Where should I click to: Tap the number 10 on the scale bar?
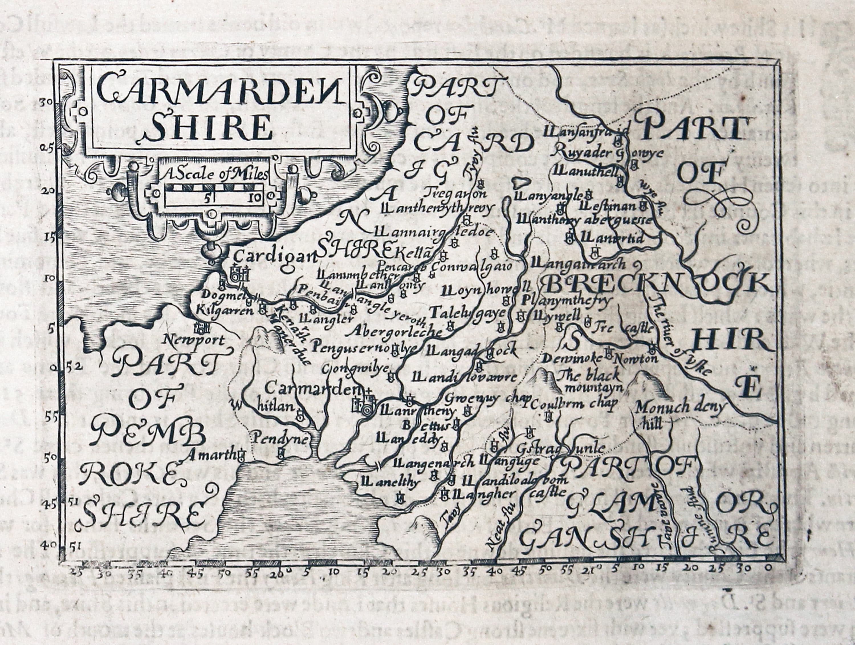(x=254, y=199)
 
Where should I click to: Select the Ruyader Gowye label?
(x=607, y=152)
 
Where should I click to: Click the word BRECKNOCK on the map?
(x=657, y=285)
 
